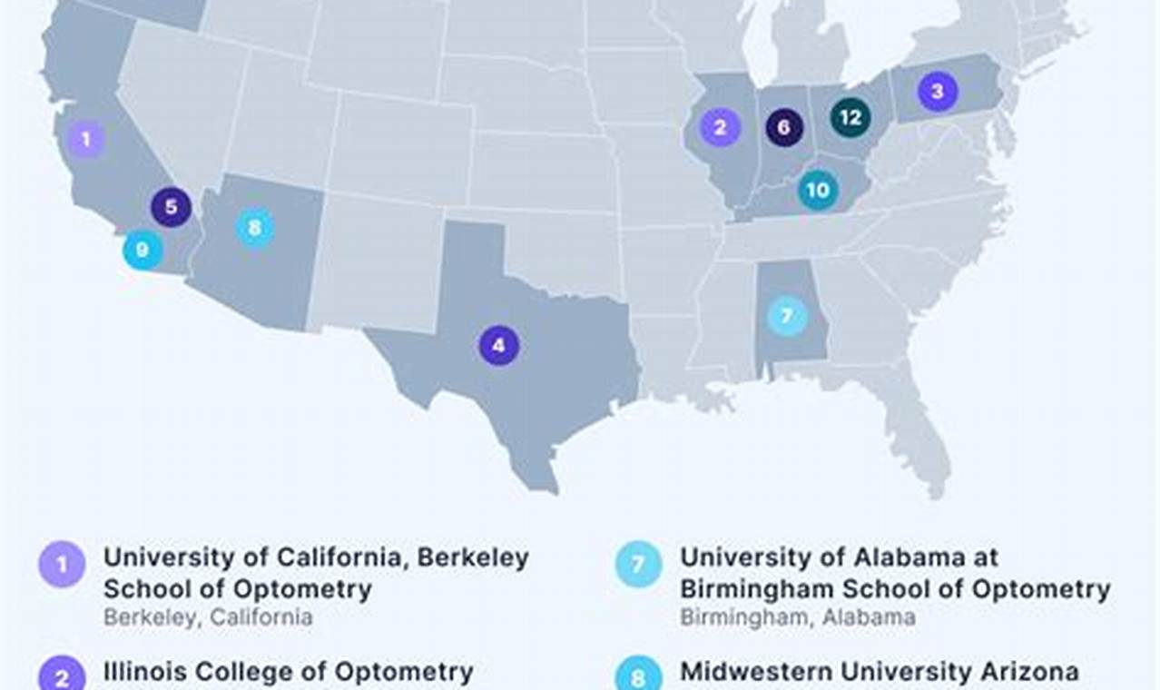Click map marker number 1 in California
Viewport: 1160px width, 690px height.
(x=86, y=139)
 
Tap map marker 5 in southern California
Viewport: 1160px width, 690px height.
(x=171, y=207)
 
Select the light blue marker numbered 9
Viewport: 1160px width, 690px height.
(x=143, y=250)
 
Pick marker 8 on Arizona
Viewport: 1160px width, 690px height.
(x=254, y=227)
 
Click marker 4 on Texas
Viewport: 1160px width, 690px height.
(x=498, y=345)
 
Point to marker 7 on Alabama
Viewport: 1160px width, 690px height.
(x=786, y=316)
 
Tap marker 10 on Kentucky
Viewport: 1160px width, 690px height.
(x=818, y=191)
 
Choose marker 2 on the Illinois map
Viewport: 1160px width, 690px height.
(x=720, y=127)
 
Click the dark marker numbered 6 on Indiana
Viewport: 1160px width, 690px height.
(x=783, y=127)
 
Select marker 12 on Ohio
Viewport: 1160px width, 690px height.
(x=850, y=117)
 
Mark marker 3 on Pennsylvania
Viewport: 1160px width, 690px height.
(x=937, y=91)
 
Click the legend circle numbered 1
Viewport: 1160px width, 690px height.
(x=62, y=565)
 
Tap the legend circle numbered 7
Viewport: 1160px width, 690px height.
(x=638, y=565)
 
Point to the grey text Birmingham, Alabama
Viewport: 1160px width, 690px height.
(x=798, y=617)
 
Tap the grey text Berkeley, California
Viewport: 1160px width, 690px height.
(x=208, y=617)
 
